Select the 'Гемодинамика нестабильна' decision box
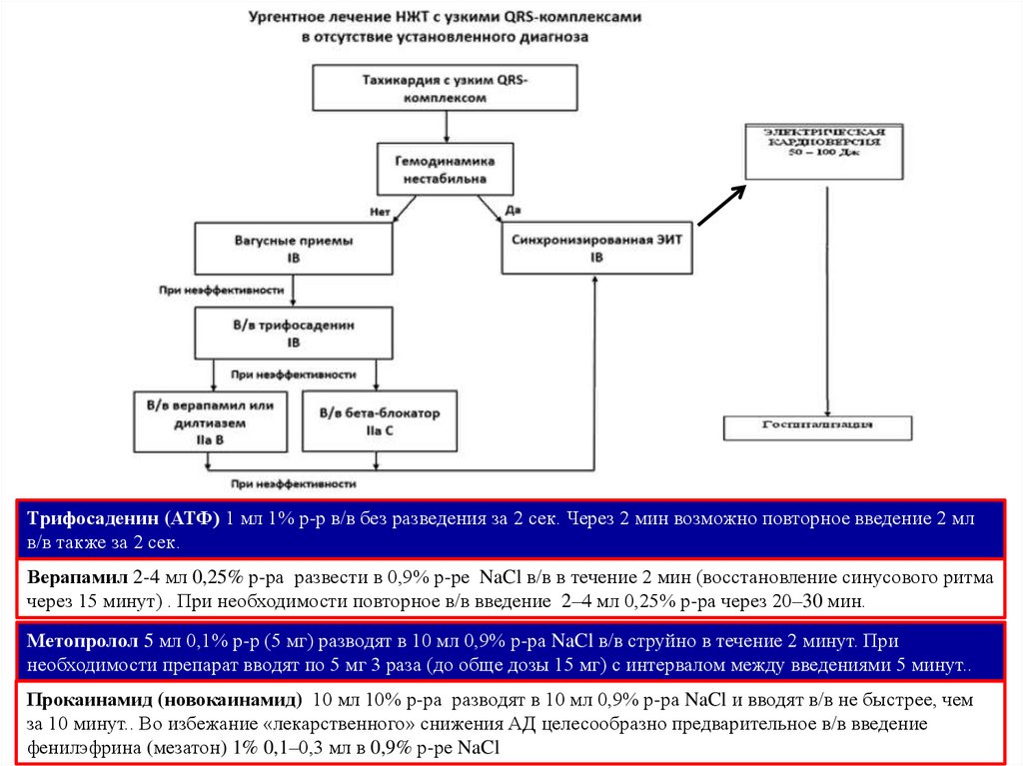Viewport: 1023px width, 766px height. coord(446,169)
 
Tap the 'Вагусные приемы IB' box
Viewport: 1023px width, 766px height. coord(293,249)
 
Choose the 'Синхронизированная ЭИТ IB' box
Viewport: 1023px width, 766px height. coord(597,249)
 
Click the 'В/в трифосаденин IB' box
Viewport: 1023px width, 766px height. coord(294,334)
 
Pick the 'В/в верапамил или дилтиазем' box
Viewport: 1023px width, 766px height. coord(210,420)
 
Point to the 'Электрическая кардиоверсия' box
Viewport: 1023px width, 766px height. coord(825,151)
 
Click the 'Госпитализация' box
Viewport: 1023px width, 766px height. coord(818,425)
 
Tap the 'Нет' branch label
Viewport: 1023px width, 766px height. coord(379,212)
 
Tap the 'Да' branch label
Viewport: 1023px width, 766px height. coord(513,211)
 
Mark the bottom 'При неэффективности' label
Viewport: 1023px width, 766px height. coord(294,483)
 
